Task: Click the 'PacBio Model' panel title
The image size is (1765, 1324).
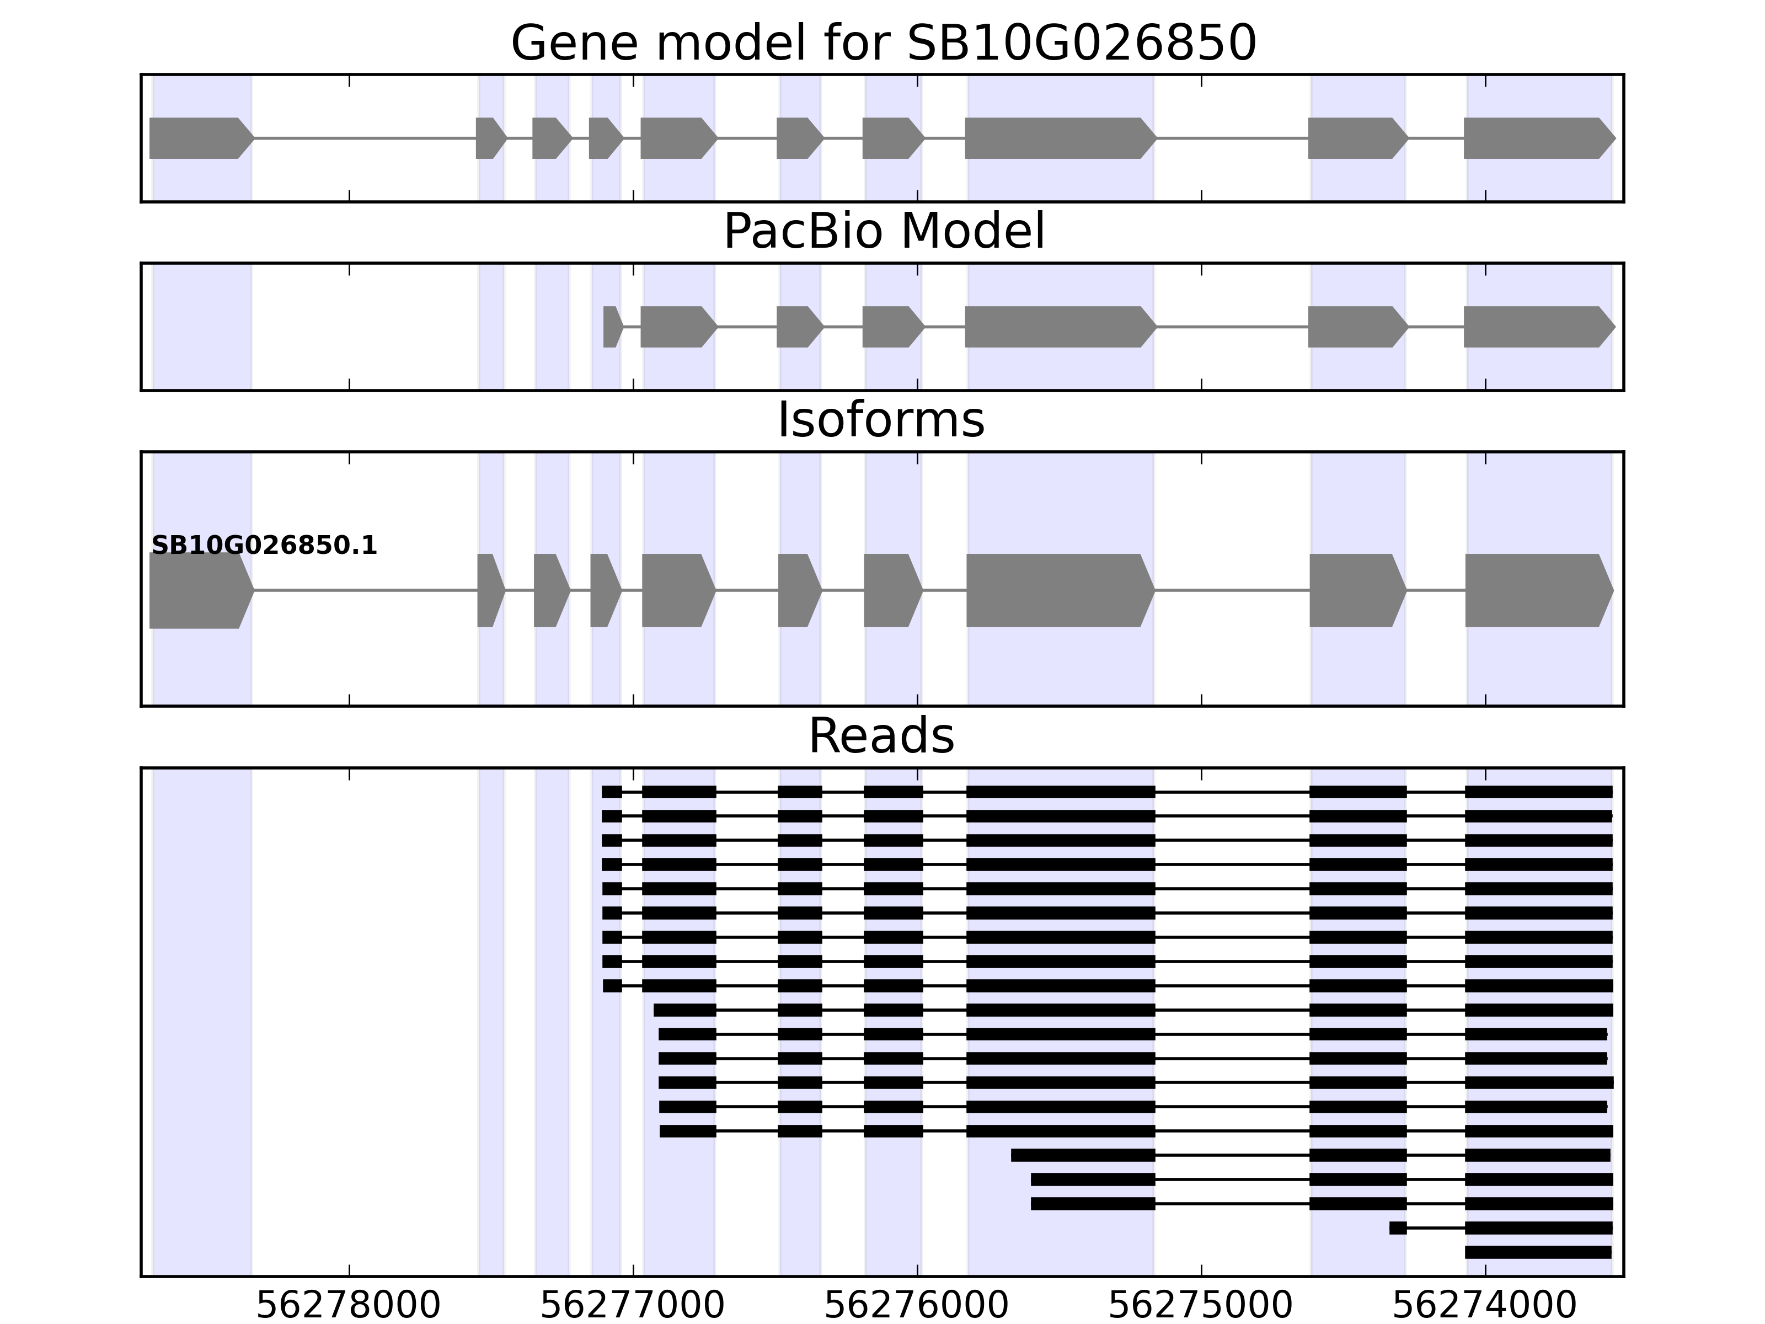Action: pos(882,232)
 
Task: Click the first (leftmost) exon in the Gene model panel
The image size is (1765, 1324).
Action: pos(200,138)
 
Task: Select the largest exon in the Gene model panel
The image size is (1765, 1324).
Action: pos(1059,138)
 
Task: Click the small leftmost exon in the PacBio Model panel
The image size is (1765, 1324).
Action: pos(612,327)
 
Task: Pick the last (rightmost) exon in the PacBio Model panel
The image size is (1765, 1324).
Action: pos(1538,327)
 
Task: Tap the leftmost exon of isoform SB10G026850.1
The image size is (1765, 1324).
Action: pos(200,591)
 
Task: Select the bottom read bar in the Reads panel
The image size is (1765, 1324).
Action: pos(1538,1252)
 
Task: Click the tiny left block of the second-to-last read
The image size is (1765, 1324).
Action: pos(1398,1228)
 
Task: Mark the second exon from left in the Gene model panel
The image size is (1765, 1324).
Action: pos(490,138)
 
